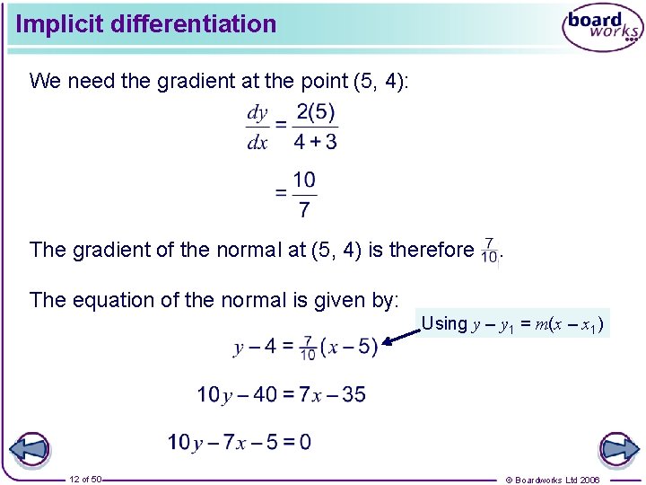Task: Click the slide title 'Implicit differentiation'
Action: tap(146, 24)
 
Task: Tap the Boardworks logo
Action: tap(603, 29)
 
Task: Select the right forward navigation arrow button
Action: tap(618, 450)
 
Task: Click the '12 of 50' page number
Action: tap(86, 479)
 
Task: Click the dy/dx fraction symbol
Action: tap(258, 128)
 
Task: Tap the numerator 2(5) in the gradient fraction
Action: tap(315, 113)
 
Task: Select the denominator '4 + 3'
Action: tap(315, 142)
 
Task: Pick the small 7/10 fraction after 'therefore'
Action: tap(489, 250)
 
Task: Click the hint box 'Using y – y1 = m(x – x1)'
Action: tap(511, 323)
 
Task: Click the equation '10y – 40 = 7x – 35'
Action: tap(281, 394)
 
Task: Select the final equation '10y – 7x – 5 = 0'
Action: tap(240, 442)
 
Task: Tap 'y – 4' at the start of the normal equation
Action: tap(258, 347)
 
